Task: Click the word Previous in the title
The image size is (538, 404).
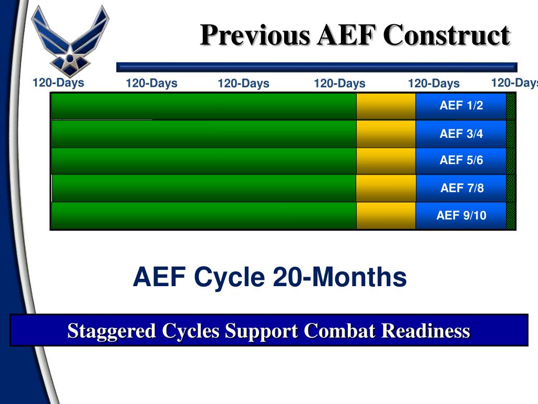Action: point(255,36)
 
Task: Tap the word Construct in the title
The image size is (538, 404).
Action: point(446,36)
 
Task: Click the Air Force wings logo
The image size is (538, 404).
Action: point(70,39)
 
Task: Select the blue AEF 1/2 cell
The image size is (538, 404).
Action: point(461,106)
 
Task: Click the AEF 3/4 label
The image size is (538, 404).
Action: point(461,134)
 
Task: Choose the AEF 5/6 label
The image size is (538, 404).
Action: point(461,160)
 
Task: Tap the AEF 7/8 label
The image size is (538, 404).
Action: point(462,188)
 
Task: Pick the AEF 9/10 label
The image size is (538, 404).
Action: point(461,215)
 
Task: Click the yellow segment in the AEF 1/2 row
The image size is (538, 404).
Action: point(386,106)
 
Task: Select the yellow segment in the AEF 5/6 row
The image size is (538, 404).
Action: point(386,160)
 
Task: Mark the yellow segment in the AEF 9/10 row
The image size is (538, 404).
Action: point(386,216)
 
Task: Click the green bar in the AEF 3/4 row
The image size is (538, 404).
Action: point(204,134)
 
